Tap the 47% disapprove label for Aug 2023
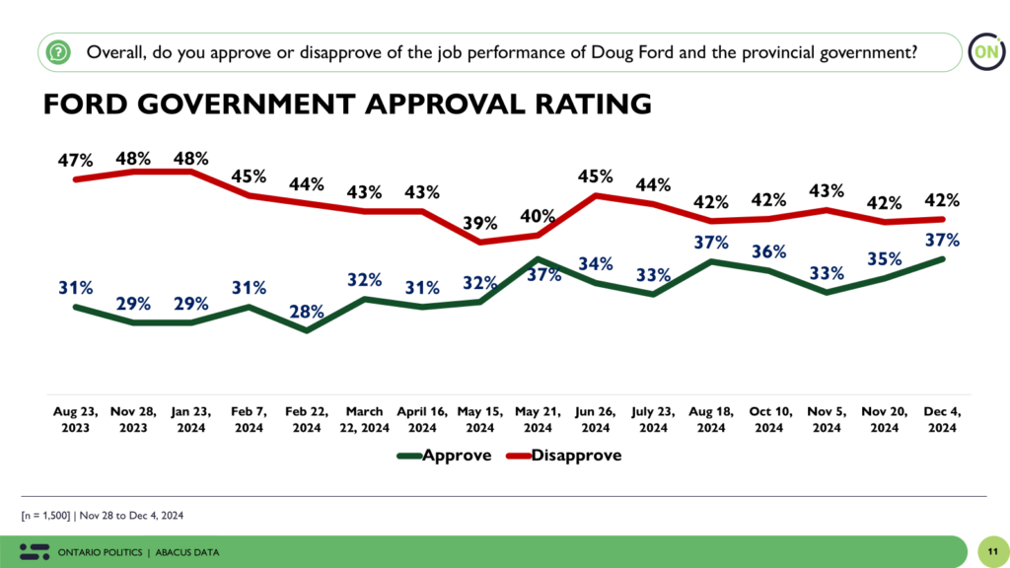tap(75, 159)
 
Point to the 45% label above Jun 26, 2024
tap(595, 177)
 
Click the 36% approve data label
tap(769, 250)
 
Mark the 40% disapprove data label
tap(538, 215)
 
